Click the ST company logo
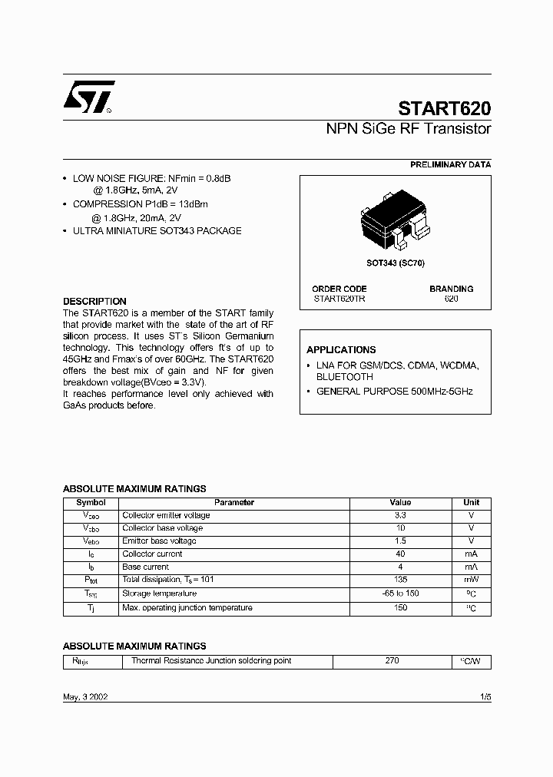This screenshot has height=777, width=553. tap(89, 98)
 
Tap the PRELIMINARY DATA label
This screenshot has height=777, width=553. tap(450, 164)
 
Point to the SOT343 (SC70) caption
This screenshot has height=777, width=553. tap(395, 263)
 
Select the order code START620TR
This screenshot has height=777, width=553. tap(339, 298)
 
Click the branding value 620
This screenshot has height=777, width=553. tap(451, 298)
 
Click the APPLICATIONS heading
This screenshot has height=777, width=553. tap(341, 349)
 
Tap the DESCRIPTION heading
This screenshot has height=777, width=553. tap(94, 301)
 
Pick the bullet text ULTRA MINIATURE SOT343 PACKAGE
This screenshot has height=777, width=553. tap(157, 230)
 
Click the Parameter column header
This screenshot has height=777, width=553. tap(234, 502)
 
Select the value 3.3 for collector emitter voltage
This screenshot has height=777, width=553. tap(400, 515)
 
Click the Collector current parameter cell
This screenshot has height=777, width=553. tap(153, 554)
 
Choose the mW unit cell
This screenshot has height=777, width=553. tap(471, 580)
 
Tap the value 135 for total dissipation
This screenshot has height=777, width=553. tap(400, 580)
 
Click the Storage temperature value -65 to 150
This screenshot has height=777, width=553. tap(400, 593)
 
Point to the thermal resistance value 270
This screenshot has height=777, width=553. tap(392, 660)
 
